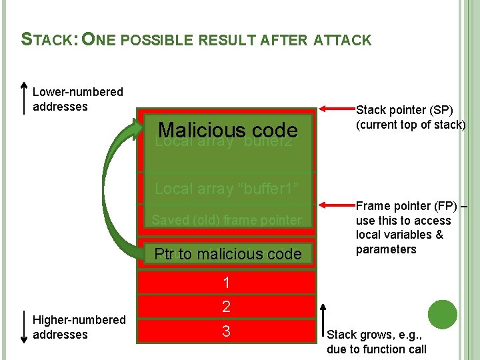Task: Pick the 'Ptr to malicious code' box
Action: pyautogui.click(x=227, y=254)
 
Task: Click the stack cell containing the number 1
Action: pyautogui.click(x=227, y=283)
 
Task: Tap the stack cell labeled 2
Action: pyautogui.click(x=227, y=307)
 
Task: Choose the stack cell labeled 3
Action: pyautogui.click(x=227, y=331)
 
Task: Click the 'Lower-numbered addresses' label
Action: pyautogui.click(x=77, y=99)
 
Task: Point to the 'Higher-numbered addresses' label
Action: pyautogui.click(x=79, y=327)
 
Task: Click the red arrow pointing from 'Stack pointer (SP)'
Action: pyautogui.click(x=337, y=107)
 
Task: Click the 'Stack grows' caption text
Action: pyautogui.click(x=376, y=342)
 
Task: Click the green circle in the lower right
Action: pyautogui.click(x=442, y=315)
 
